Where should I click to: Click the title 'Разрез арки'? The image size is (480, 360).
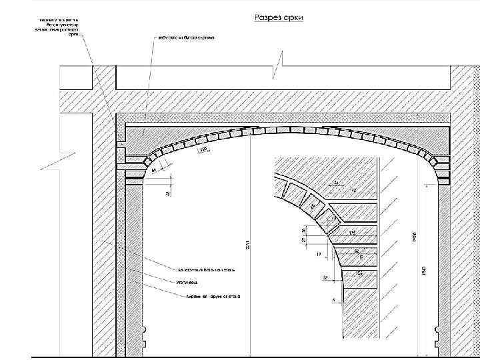[278, 17]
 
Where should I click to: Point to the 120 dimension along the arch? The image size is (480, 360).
[203, 149]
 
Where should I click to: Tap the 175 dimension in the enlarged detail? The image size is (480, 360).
[351, 231]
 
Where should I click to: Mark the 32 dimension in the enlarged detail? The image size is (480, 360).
[325, 278]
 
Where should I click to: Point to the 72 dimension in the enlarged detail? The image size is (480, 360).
[354, 190]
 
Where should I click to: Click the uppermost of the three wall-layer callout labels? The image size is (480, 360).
[206, 270]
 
